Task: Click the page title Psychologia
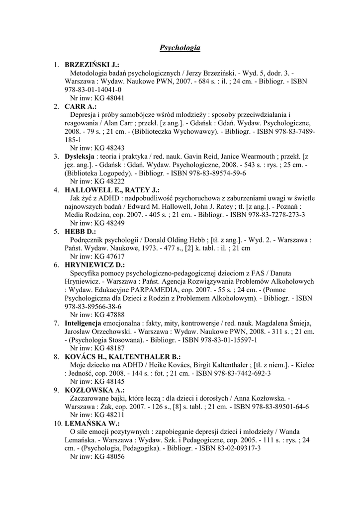180,48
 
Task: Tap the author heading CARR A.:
81,106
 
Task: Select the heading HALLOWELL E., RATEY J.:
112,190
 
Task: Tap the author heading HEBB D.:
80,232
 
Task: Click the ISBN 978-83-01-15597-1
221,340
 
